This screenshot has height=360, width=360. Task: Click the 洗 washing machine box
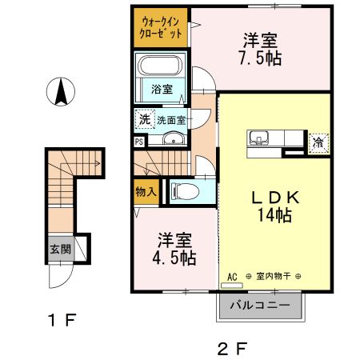pos(144,119)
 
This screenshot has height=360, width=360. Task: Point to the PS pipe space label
pos(140,142)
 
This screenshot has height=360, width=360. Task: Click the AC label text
pos(233,276)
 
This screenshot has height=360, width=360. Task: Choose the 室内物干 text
pos(272,277)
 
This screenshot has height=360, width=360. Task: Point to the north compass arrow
pos(60,92)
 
